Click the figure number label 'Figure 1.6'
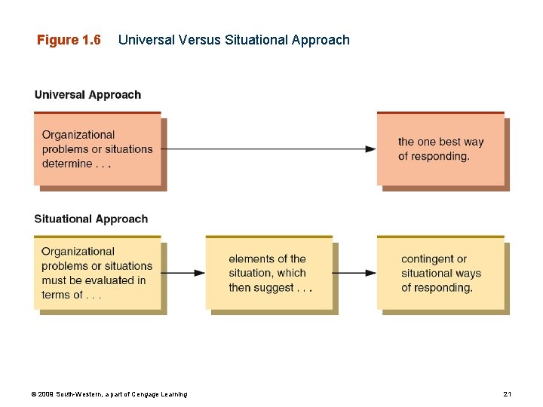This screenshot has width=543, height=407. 69,40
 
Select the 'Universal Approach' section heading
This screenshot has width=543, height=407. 87,95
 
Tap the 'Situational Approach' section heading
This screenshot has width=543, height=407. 90,219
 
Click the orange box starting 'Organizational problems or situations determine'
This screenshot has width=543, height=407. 97,149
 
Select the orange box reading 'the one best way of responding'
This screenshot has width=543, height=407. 440,149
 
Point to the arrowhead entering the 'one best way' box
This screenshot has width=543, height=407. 371,149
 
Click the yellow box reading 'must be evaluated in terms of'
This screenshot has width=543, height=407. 97,273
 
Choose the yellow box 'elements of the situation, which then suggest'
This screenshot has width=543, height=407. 269,273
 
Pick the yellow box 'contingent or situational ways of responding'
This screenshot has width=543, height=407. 440,273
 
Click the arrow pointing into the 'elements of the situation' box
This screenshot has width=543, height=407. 199,273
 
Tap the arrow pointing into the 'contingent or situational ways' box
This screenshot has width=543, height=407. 371,273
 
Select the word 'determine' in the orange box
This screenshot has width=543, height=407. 67,164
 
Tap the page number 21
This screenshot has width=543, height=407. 507,394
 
